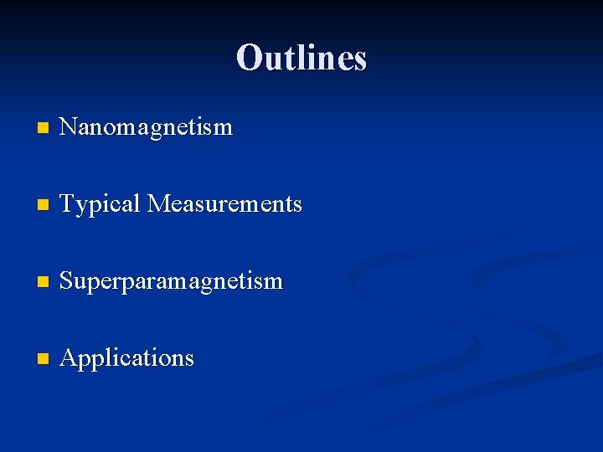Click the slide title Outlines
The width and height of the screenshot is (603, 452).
pyautogui.click(x=301, y=58)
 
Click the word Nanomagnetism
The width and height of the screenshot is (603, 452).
pyautogui.click(x=147, y=127)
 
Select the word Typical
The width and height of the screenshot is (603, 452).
pyautogui.click(x=100, y=205)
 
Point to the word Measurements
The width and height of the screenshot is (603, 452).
pyautogui.click(x=224, y=204)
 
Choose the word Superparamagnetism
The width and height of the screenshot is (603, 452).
pyautogui.click(x=172, y=281)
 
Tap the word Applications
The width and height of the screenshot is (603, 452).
pyautogui.click(x=127, y=358)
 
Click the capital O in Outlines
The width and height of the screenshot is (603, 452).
pyautogui.click(x=249, y=58)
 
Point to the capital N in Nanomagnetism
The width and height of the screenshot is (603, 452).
pyautogui.click(x=70, y=127)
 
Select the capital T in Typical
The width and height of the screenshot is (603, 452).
pyautogui.click(x=69, y=204)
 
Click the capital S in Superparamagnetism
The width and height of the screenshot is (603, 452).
pyautogui.click(x=68, y=281)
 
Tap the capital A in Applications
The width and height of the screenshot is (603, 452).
pyautogui.click(x=70, y=358)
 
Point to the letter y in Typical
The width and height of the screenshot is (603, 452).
pyautogui.click(x=82, y=208)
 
